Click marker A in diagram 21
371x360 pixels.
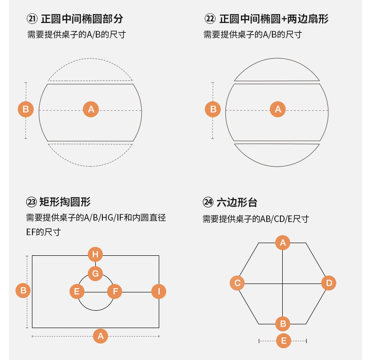point(91,110)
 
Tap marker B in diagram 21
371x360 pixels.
point(26,110)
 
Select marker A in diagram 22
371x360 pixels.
point(278,109)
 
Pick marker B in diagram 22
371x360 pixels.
point(213,109)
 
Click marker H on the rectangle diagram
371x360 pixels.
point(95,255)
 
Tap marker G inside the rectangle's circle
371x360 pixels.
point(95,273)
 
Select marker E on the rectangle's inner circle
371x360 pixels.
point(77,291)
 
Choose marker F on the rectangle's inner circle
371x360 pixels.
point(115,291)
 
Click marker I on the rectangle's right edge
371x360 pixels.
point(159,291)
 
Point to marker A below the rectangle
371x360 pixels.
point(100,336)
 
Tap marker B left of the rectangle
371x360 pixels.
point(23,290)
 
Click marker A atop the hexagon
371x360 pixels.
point(283,243)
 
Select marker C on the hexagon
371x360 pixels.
point(238,283)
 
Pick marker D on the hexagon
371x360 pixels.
point(329,283)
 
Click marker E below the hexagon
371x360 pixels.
point(283,341)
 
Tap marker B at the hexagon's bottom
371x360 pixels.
point(283,323)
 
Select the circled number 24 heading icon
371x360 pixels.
point(208,202)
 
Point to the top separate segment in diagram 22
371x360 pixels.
point(278,73)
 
